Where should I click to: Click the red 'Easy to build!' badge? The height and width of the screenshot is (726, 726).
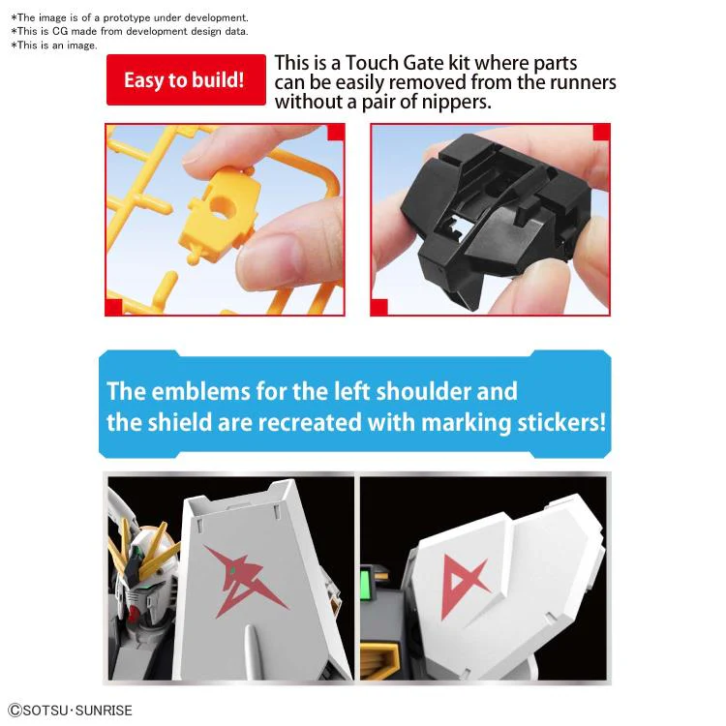pyautogui.click(x=186, y=79)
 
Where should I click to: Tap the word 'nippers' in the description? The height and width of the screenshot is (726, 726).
pyautogui.click(x=455, y=102)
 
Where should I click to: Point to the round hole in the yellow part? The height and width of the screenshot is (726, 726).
pyautogui.click(x=222, y=208)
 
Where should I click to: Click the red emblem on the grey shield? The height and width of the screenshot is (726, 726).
pyautogui.click(x=245, y=580)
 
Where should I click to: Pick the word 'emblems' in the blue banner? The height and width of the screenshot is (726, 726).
pyautogui.click(x=200, y=391)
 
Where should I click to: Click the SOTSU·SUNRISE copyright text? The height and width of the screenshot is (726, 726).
pyautogui.click(x=71, y=711)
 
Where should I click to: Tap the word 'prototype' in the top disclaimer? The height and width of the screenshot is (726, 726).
pyautogui.click(x=127, y=17)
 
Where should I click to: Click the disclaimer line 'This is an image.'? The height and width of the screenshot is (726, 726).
pyautogui.click(x=54, y=45)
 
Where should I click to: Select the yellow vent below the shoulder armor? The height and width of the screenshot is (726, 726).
pyautogui.click(x=379, y=657)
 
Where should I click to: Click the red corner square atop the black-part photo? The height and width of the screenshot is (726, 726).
pyautogui.click(x=601, y=133)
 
